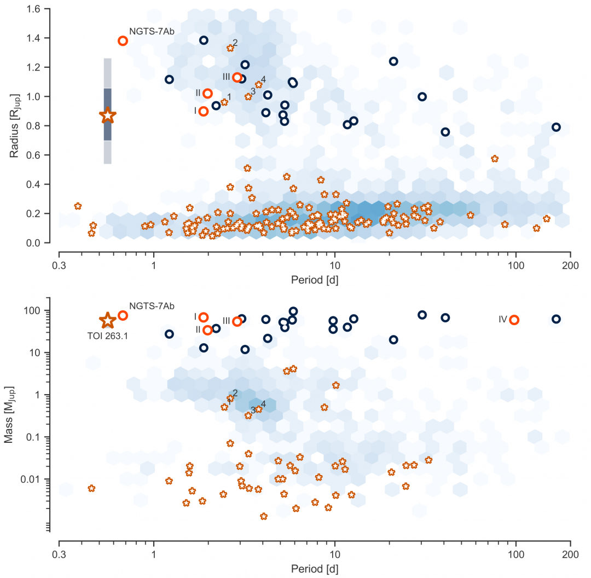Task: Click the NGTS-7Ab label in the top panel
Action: pos(152,31)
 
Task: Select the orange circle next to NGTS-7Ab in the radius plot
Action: pos(123,41)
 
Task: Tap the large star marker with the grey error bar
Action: pos(108,115)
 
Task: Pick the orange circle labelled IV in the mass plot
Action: pos(514,320)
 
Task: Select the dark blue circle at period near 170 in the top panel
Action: pos(556,127)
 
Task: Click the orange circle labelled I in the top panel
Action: pos(204,111)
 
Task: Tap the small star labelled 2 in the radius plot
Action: pos(230,48)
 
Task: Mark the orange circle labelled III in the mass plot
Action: pos(237,322)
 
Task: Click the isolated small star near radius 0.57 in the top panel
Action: pos(495,159)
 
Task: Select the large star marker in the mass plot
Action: pos(108,321)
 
